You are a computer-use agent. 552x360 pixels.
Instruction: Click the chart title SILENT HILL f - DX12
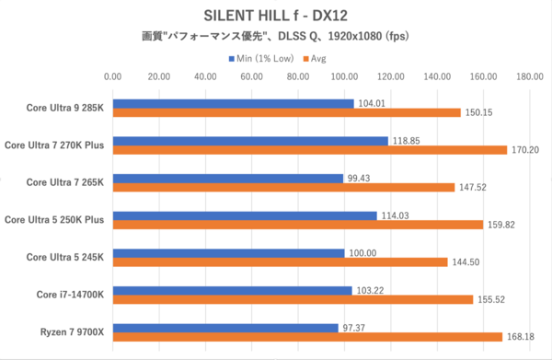click(275, 16)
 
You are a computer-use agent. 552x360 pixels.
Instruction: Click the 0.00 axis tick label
click(113, 78)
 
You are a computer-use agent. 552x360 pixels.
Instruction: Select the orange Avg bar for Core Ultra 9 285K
click(286, 113)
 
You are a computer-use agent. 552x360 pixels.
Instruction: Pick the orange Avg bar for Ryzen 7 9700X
click(307, 336)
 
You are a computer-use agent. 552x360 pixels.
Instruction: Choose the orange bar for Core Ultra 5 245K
click(280, 261)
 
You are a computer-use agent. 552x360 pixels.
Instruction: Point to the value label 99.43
click(360, 178)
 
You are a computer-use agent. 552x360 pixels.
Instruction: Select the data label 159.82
click(501, 225)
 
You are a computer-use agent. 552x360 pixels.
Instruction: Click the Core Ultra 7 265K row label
click(64, 182)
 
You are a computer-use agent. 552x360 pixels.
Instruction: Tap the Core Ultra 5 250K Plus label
click(54, 219)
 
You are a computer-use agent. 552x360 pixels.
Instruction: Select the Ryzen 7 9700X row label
click(73, 331)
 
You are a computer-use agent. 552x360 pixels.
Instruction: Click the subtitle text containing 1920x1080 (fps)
click(275, 37)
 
